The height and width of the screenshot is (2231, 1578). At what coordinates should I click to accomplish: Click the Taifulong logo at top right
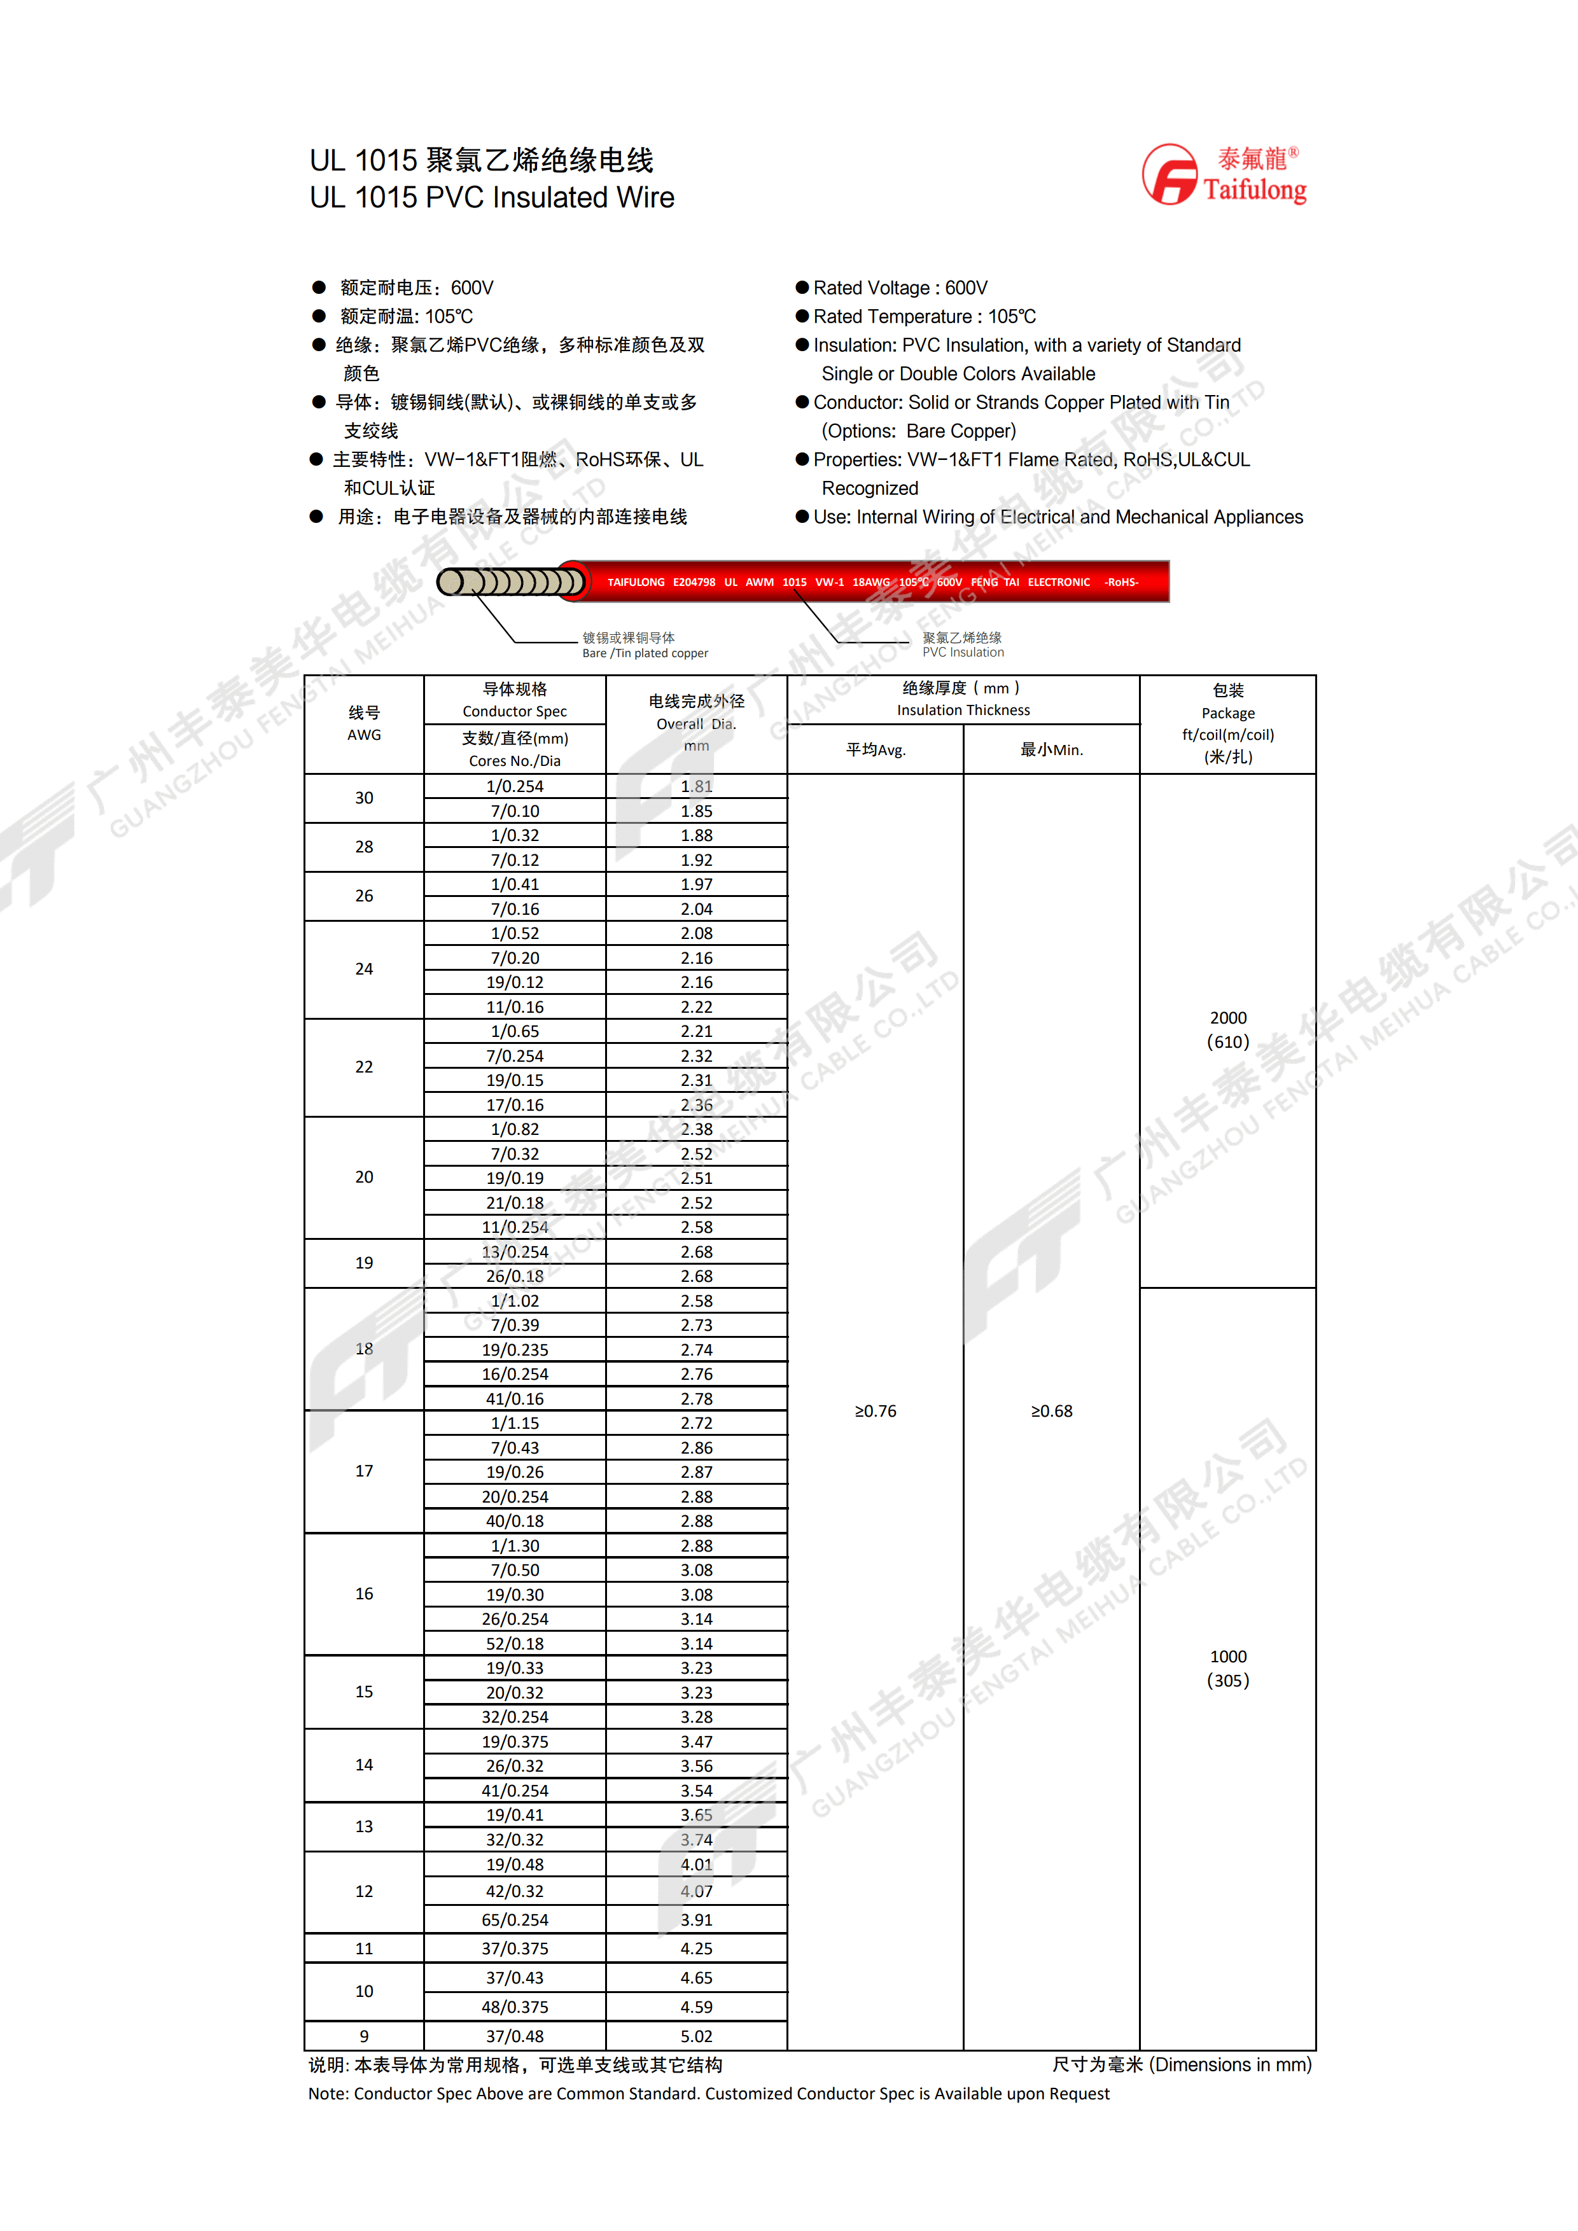(x=1224, y=175)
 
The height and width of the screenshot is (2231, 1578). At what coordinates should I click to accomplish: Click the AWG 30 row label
(x=363, y=798)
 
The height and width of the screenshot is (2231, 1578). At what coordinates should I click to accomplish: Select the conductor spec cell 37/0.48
(x=515, y=2036)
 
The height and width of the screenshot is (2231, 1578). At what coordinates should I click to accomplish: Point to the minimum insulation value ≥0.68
(x=1051, y=1411)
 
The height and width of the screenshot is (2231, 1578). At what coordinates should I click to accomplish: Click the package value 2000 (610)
(x=1227, y=1030)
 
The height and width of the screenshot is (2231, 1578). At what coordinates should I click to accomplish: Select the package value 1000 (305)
(x=1227, y=1669)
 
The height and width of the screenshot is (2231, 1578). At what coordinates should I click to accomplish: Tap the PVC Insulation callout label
(x=962, y=645)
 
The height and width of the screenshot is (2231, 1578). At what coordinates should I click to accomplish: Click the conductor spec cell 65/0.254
(x=515, y=1919)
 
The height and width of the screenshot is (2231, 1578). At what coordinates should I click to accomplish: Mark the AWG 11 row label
(x=363, y=1949)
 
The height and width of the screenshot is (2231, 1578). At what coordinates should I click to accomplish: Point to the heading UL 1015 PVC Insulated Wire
(x=492, y=197)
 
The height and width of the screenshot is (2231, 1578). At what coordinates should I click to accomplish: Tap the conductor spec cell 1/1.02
(x=515, y=1300)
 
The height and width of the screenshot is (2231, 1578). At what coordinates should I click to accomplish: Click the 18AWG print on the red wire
(x=870, y=582)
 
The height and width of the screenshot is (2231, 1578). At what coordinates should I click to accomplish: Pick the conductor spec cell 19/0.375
(x=515, y=1741)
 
